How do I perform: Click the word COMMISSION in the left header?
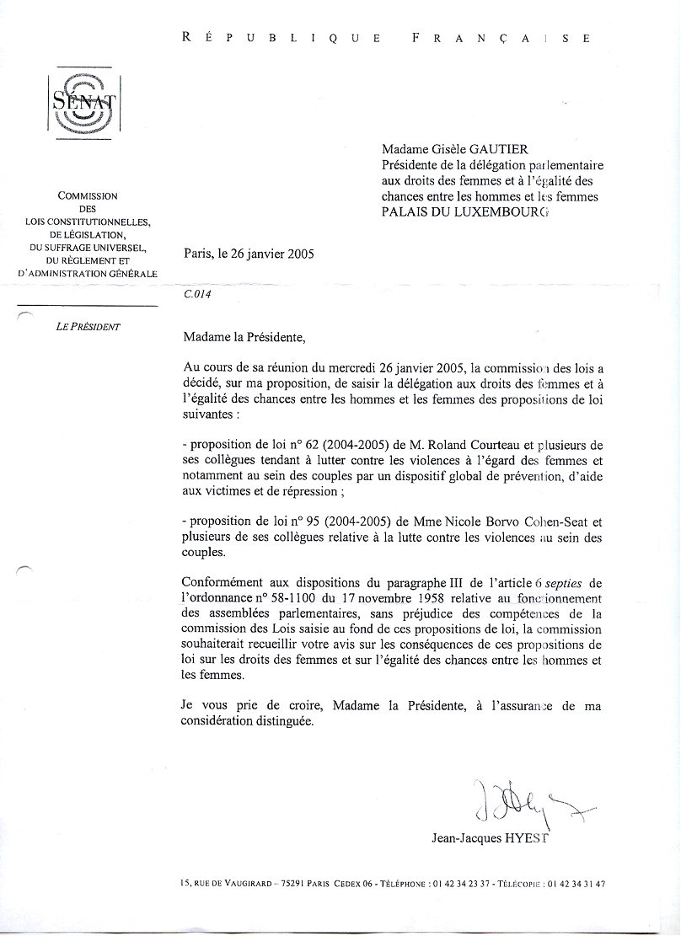pyautogui.click(x=88, y=195)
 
